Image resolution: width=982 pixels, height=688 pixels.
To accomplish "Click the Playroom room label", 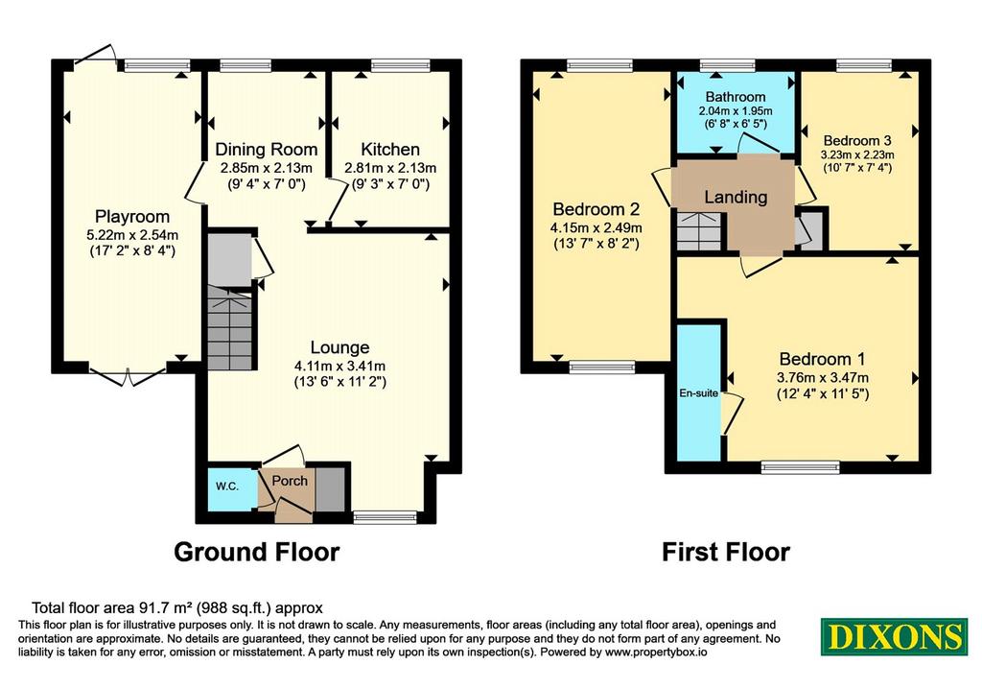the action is point(132,217).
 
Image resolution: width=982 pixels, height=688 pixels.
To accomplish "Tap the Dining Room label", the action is point(267,150).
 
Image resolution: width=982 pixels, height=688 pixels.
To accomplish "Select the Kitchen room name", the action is point(390,150).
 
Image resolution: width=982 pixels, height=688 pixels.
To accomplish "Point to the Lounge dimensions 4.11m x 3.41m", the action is point(340,366).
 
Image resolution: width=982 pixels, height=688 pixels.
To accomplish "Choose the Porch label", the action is point(290,481).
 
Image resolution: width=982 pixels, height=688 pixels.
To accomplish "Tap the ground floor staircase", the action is point(230,327).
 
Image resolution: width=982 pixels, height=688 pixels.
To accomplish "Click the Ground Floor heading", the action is point(257,552).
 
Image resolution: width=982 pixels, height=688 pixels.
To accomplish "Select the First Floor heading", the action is point(726,552).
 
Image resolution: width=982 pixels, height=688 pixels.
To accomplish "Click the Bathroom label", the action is point(736,97).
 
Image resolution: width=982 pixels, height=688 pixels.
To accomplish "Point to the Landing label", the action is point(736,198).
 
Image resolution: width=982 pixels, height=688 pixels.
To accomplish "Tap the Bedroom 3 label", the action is point(857,140).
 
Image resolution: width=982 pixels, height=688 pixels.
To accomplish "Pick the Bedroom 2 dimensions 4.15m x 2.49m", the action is point(596,228).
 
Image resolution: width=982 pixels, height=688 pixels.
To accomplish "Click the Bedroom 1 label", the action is point(822,359).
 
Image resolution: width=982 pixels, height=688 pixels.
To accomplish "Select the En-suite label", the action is point(699,393).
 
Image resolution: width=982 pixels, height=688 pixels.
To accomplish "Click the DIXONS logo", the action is point(895,636).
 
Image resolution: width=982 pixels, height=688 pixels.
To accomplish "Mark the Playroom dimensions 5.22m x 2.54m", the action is point(132,236).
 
